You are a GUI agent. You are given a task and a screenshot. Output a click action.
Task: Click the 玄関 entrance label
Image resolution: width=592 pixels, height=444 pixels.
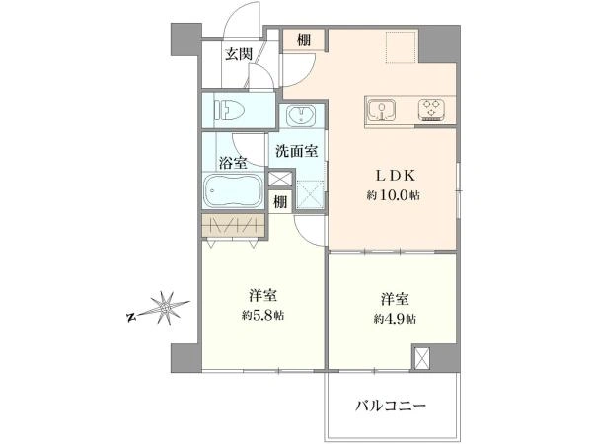pyautogui.click(x=239, y=54)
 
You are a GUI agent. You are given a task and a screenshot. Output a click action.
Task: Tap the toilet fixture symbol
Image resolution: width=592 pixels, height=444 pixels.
pyautogui.click(x=230, y=111)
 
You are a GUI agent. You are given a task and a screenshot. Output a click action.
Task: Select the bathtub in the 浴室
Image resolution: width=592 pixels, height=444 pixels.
pyautogui.click(x=233, y=190)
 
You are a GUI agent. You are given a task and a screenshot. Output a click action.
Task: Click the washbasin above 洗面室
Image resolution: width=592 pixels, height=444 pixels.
pyautogui.click(x=301, y=114)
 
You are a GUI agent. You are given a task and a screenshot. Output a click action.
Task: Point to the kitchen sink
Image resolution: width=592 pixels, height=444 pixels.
pyautogui.click(x=382, y=111)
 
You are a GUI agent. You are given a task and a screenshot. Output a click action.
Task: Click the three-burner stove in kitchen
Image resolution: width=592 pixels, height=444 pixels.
pyautogui.click(x=431, y=110)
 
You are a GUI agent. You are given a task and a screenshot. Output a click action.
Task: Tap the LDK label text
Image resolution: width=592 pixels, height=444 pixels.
pyautogui.click(x=395, y=176)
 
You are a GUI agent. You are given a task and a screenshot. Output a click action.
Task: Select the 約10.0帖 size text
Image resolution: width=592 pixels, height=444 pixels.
pyautogui.click(x=393, y=195)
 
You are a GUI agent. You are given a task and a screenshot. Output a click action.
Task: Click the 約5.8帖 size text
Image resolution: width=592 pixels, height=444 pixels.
pyautogui.click(x=263, y=315)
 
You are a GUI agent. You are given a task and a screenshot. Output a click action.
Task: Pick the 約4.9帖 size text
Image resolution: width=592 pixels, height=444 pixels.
pyautogui.click(x=395, y=319)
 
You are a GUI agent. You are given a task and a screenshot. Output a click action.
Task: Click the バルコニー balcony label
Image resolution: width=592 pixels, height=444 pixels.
pyautogui.click(x=391, y=406)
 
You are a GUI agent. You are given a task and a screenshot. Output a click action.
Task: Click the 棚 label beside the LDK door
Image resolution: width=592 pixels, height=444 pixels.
pyautogui.click(x=304, y=40)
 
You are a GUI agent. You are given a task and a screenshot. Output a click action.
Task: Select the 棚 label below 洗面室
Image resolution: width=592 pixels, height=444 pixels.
pyautogui.click(x=280, y=202)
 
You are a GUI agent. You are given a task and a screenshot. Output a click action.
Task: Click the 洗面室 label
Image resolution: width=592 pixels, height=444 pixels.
pyautogui.click(x=296, y=151)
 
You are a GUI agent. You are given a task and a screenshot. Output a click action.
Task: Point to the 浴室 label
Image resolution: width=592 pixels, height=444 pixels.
pyautogui.click(x=233, y=163)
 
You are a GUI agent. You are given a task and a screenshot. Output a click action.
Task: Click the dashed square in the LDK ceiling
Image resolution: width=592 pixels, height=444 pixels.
pyautogui.click(x=403, y=47)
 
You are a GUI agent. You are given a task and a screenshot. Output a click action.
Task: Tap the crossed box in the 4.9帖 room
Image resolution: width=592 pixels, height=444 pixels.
pyautogui.click(x=422, y=358)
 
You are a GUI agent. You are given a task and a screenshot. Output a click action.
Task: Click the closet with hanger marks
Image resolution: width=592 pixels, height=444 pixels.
pyautogui.click(x=233, y=226)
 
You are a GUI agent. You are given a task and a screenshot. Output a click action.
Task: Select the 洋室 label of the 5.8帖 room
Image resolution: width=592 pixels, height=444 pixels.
pyautogui.click(x=263, y=296)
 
